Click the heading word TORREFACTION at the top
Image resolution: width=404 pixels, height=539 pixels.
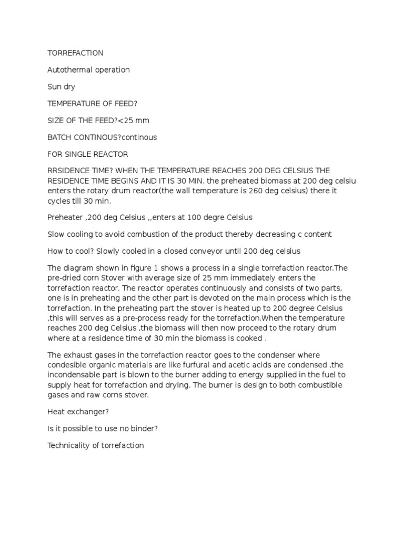(75, 53)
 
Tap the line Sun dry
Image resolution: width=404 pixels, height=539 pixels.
(62, 87)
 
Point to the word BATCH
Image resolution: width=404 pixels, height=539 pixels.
(59, 137)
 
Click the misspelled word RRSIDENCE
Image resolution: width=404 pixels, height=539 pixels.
(69, 171)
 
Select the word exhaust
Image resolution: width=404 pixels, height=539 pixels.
(77, 355)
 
